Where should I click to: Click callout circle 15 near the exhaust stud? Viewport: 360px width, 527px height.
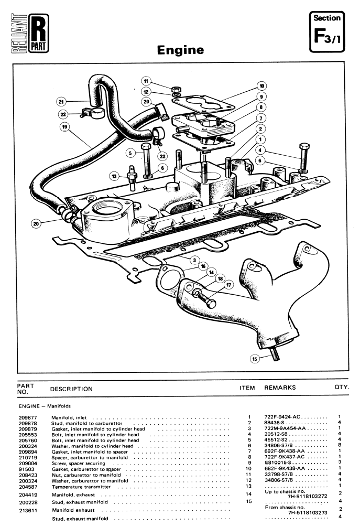coord(254,359)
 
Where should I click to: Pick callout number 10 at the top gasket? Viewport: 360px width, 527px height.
coord(261,85)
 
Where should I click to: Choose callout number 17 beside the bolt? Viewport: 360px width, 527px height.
coord(228,285)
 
